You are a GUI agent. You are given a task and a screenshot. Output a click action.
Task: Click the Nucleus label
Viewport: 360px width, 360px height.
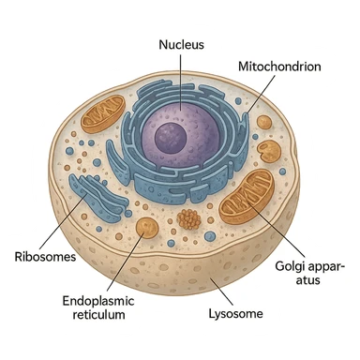[182, 44]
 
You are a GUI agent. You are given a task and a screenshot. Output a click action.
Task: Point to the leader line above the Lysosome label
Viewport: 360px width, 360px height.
[221, 290]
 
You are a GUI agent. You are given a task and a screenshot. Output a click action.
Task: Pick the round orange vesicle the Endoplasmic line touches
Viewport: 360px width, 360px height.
[146, 227]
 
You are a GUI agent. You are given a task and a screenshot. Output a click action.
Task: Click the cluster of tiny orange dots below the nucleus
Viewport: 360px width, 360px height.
[190, 220]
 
